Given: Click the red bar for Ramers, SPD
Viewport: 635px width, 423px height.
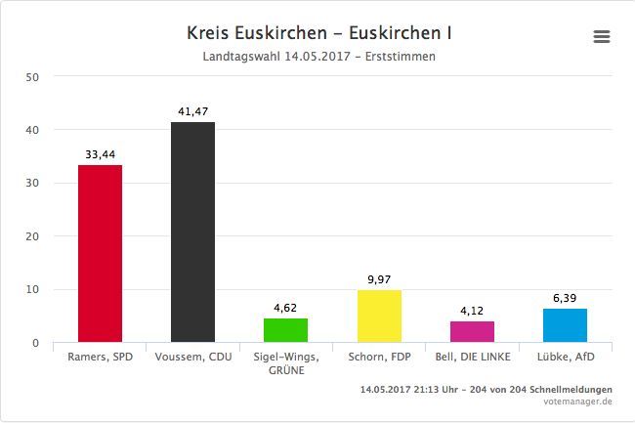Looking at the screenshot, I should coord(100,254).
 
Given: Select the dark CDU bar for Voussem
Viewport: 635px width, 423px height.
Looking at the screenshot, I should coord(192,233).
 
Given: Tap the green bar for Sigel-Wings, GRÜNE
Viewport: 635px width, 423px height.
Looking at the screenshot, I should coord(285,330).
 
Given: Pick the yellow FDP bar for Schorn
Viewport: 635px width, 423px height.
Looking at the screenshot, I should coord(379,316).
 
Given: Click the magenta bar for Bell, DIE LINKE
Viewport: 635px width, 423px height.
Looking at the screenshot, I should coord(472,332).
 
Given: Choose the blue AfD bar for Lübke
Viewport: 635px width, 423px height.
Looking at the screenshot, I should coord(565,325).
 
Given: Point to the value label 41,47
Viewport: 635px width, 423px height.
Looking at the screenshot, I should coord(193,112).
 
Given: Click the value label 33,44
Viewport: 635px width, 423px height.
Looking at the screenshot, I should coord(100,154).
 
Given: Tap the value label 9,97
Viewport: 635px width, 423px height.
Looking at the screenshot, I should coord(379,280).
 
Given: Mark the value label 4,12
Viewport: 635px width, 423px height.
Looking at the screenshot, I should coord(472,312).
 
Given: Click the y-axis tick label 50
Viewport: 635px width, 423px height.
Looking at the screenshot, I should coord(32,76).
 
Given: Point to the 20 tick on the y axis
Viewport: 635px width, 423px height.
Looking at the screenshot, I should coord(32,236).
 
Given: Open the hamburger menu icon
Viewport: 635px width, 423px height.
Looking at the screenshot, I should coord(602,37).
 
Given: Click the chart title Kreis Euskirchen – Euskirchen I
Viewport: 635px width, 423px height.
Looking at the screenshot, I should coord(318,33).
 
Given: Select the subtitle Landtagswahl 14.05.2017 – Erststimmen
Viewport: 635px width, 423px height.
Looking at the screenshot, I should coord(318,57).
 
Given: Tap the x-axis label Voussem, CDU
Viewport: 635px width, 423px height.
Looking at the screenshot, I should coord(192,357).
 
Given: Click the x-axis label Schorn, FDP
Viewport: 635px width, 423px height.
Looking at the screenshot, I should coord(379,357).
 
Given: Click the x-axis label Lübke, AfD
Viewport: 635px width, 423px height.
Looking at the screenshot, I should coord(565,357).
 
